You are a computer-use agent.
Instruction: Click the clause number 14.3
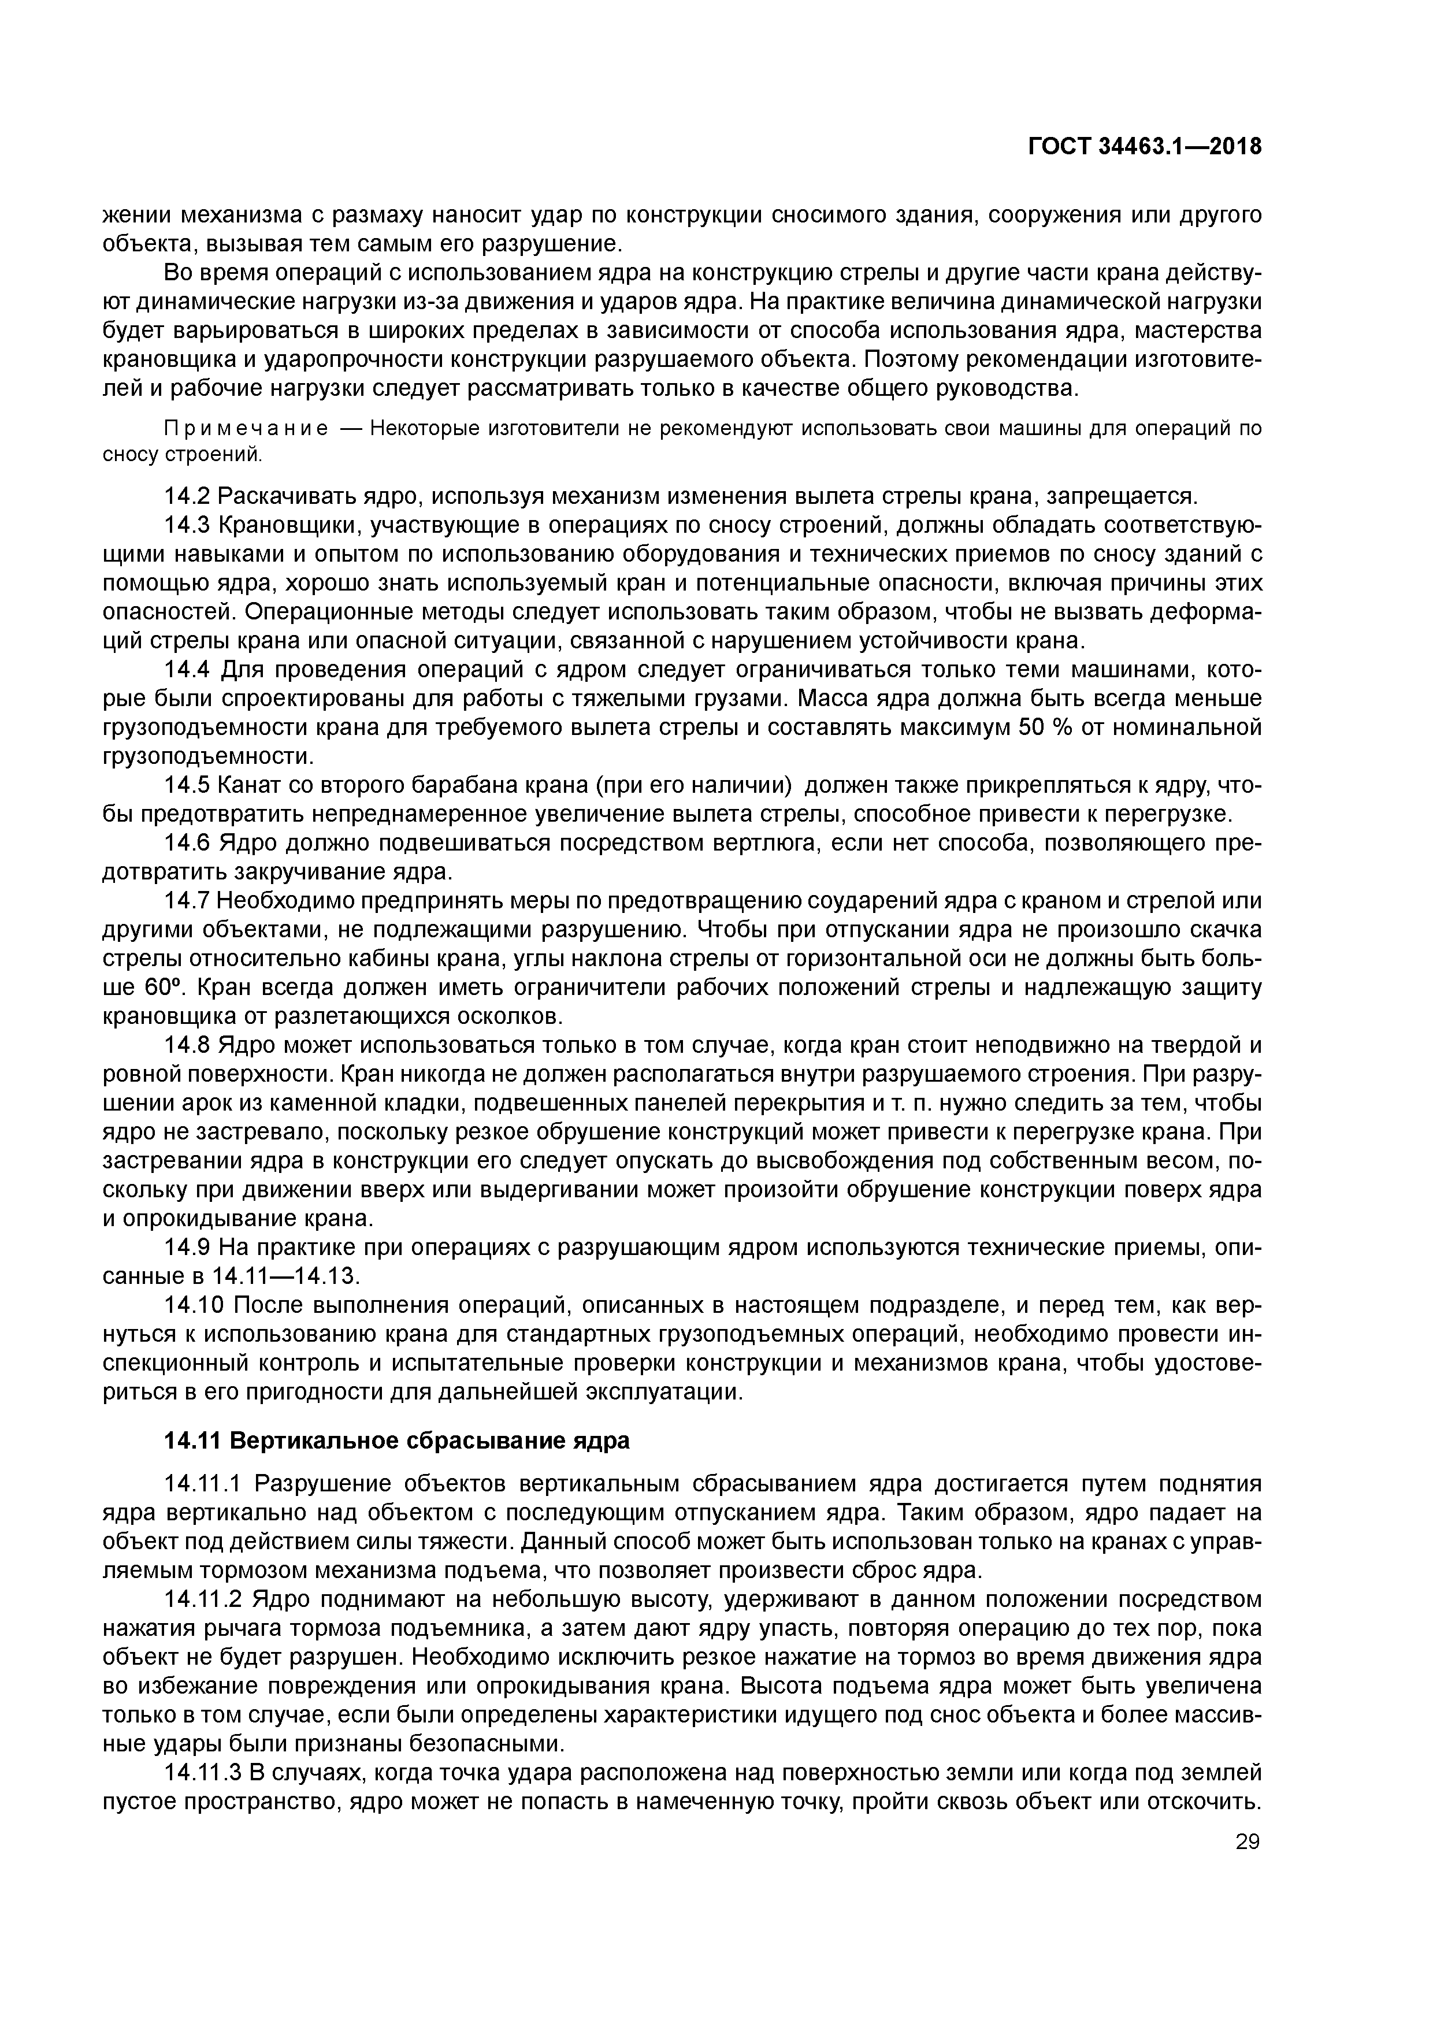tap(187, 525)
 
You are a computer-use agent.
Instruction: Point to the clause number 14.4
tap(187, 670)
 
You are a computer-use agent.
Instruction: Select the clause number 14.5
tap(187, 785)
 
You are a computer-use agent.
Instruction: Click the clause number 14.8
tap(187, 1045)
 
